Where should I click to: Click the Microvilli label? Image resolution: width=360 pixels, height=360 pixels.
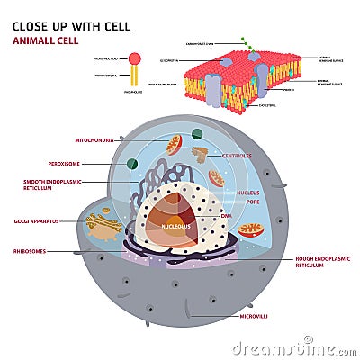[x=269, y=316]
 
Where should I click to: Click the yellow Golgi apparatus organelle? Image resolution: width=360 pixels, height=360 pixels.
[x=103, y=224]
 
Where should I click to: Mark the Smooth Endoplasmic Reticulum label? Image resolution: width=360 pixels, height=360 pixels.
[x=54, y=186]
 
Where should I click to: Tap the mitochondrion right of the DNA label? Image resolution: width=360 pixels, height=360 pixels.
[x=251, y=229]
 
